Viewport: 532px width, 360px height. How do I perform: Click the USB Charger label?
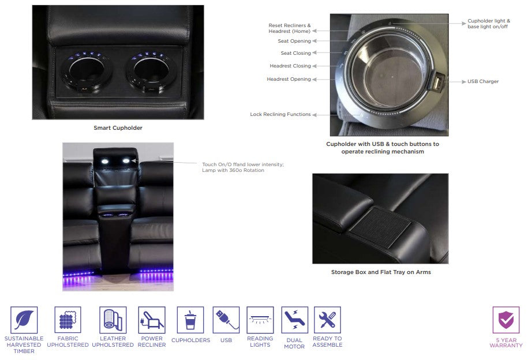tap(483, 81)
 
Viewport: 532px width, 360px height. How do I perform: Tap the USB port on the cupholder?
tap(438, 82)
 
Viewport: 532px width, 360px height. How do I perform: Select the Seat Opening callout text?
tap(294, 41)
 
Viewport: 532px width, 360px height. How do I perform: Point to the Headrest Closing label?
tap(290, 66)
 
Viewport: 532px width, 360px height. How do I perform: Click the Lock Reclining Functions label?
tap(280, 114)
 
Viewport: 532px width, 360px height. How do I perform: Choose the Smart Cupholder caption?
tap(118, 128)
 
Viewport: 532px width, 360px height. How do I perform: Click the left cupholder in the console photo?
tap(86, 72)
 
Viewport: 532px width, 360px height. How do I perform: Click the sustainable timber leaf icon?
tap(24, 320)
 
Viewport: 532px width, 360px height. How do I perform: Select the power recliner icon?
tap(152, 320)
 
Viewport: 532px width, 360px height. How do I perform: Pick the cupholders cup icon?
tap(190, 320)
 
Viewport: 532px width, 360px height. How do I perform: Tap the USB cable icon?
tap(226, 320)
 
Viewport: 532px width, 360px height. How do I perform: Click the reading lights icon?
tap(260, 320)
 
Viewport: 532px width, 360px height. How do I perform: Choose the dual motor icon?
tap(294, 320)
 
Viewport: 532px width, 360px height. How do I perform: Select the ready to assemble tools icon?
tap(327, 320)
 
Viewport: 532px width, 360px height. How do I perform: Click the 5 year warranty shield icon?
tap(506, 320)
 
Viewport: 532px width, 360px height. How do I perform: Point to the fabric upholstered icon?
tap(68, 320)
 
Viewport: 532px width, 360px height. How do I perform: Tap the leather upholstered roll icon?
tap(113, 320)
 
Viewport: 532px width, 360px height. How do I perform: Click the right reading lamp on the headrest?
tap(126, 161)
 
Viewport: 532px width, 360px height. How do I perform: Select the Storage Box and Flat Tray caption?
tap(381, 272)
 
